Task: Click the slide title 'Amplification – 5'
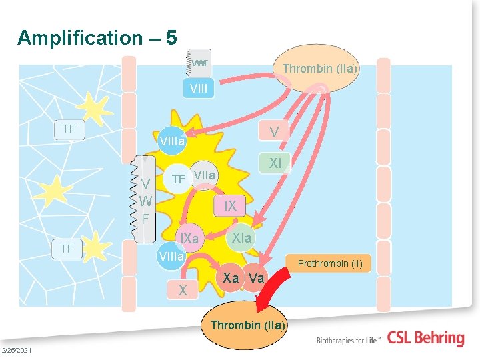(x=97, y=37)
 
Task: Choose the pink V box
(x=273, y=131)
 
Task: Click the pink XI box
(x=274, y=163)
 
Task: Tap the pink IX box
(x=230, y=206)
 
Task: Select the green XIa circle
(x=241, y=238)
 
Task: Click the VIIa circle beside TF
(x=205, y=175)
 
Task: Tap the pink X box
(x=182, y=290)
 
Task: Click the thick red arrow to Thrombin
(x=279, y=287)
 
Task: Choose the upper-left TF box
(x=69, y=129)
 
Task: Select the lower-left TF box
(x=67, y=249)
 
